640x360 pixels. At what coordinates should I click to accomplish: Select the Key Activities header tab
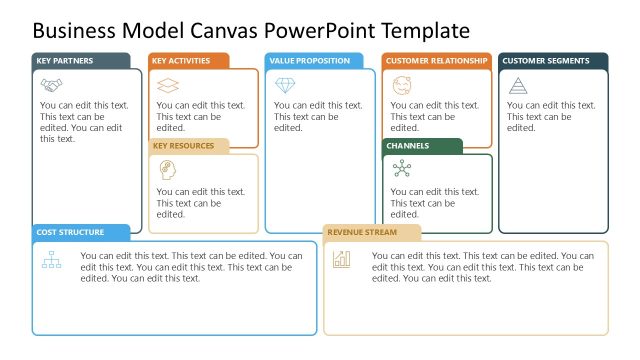[x=189, y=61]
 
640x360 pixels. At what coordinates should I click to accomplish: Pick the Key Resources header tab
[x=189, y=146]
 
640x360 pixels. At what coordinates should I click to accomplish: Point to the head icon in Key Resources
[x=168, y=169]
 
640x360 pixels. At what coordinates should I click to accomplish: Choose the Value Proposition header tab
[x=314, y=61]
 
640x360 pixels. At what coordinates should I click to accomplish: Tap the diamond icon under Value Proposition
[x=285, y=85]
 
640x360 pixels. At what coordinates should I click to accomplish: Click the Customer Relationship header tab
[x=437, y=61]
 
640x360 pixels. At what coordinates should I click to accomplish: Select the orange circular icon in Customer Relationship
[x=402, y=84]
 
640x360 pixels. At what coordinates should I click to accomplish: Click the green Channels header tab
[x=423, y=146]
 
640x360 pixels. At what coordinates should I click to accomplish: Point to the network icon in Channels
[x=402, y=169]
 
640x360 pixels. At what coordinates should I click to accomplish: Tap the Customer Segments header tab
[x=553, y=61]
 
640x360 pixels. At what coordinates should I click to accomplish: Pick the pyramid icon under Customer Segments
[x=518, y=85]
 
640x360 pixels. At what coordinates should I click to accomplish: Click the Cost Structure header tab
[x=81, y=233]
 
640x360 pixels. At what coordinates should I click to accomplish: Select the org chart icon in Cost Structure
[x=51, y=261]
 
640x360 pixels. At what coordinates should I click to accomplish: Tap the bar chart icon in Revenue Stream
[x=342, y=260]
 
